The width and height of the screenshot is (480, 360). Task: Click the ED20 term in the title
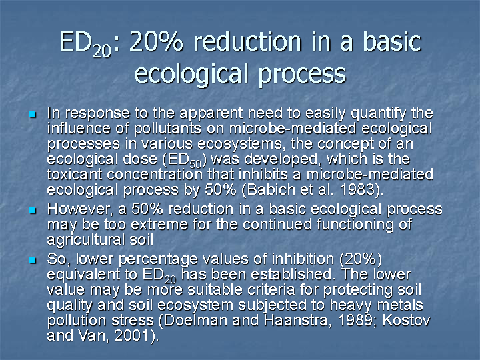click(85, 44)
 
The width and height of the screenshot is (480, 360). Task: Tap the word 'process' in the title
click(302, 75)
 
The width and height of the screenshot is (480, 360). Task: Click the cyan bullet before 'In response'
click(33, 115)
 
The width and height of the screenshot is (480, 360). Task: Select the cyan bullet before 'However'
click(33, 210)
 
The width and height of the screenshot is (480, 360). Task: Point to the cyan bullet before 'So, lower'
click(33, 261)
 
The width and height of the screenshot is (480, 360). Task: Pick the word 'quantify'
click(379, 113)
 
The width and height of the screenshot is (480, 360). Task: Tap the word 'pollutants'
click(167, 129)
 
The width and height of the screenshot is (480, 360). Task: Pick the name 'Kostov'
click(406, 321)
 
